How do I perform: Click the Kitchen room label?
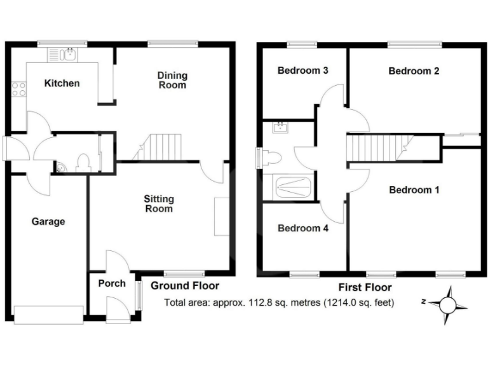[x=62, y=83]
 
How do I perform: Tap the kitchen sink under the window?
[x=68, y=55]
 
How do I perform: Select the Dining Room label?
[x=172, y=80]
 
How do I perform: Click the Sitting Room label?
[x=158, y=204]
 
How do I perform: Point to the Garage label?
[x=48, y=222]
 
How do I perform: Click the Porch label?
[x=112, y=283]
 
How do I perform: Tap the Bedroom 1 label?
[x=414, y=189]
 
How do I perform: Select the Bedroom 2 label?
[x=414, y=71]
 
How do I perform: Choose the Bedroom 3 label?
[x=302, y=71]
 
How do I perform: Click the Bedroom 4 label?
[x=302, y=228]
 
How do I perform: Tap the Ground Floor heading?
[x=185, y=286]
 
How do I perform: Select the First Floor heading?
[x=364, y=287]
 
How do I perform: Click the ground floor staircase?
[x=159, y=147]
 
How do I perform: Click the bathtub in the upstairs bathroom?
[x=292, y=187]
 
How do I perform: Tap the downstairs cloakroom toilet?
[x=81, y=163]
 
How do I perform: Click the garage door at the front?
[x=48, y=312]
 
